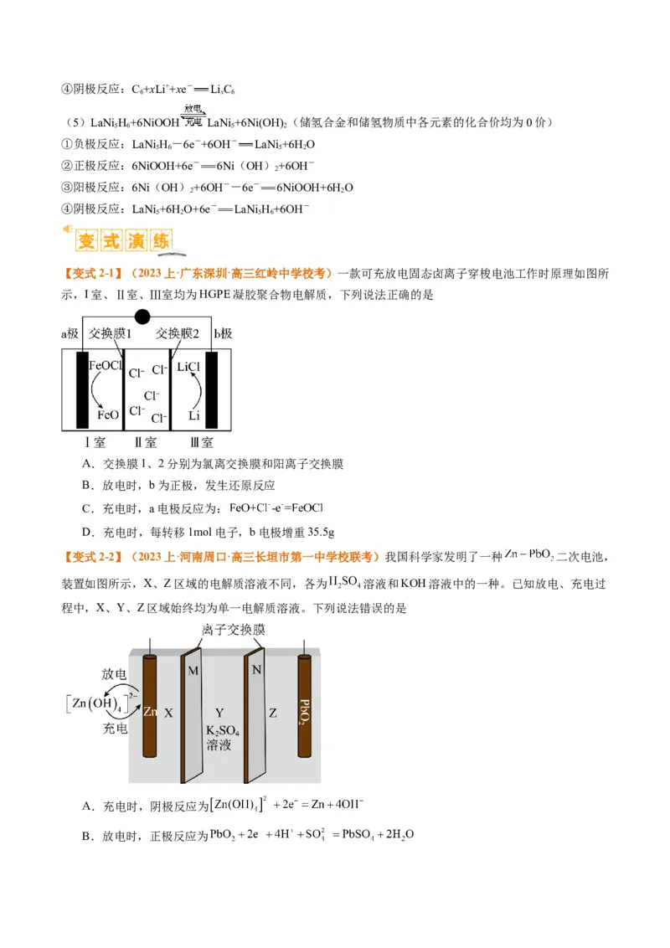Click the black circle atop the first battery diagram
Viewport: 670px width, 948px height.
tap(142, 317)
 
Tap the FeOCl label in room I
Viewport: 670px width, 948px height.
tap(106, 367)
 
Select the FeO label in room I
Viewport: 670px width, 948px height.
tap(109, 415)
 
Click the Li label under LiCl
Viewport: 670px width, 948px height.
tap(193, 415)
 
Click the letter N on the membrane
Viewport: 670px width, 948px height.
tap(255, 669)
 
